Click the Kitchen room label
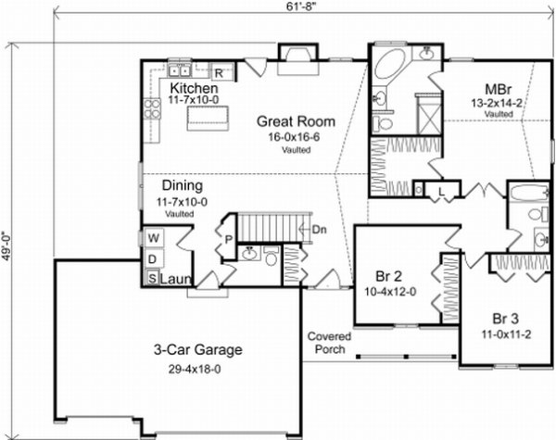point(194,88)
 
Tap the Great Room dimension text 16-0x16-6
point(294,137)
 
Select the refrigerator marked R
point(219,73)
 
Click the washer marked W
point(154,238)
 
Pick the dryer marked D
point(153,258)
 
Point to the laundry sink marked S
point(153,278)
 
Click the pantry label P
point(228,240)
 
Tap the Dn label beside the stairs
point(319,230)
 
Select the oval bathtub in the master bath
point(390,65)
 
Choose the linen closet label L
point(441,192)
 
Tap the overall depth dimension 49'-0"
point(6,246)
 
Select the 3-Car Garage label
point(198,349)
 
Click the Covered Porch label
point(329,343)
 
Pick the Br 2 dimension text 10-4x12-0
point(390,292)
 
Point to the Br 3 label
point(505,319)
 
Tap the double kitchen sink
point(180,71)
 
